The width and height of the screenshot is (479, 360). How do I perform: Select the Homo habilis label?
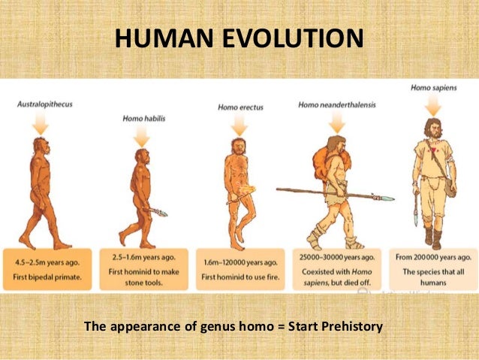(143, 119)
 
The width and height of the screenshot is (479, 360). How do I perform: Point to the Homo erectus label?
(237, 107)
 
